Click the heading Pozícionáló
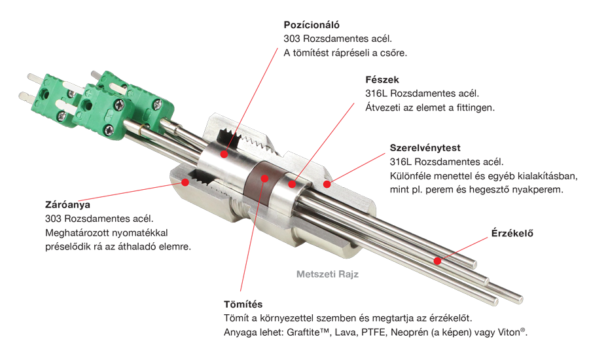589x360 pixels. point(312,25)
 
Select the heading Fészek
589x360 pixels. point(382,80)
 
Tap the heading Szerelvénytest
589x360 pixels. point(425,148)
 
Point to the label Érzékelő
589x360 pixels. point(512,234)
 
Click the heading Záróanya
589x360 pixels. point(67,205)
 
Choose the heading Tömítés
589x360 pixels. point(243,304)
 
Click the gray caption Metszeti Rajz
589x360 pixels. point(328,274)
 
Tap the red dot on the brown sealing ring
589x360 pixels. point(265,179)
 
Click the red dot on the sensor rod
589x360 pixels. point(437,261)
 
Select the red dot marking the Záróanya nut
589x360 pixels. point(185,182)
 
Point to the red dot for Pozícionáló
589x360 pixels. point(224,154)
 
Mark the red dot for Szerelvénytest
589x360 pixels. point(327,184)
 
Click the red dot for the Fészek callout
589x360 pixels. point(292,184)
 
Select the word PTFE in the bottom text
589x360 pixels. point(374,333)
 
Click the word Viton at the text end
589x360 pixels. point(509,333)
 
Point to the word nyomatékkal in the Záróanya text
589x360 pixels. point(138,233)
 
